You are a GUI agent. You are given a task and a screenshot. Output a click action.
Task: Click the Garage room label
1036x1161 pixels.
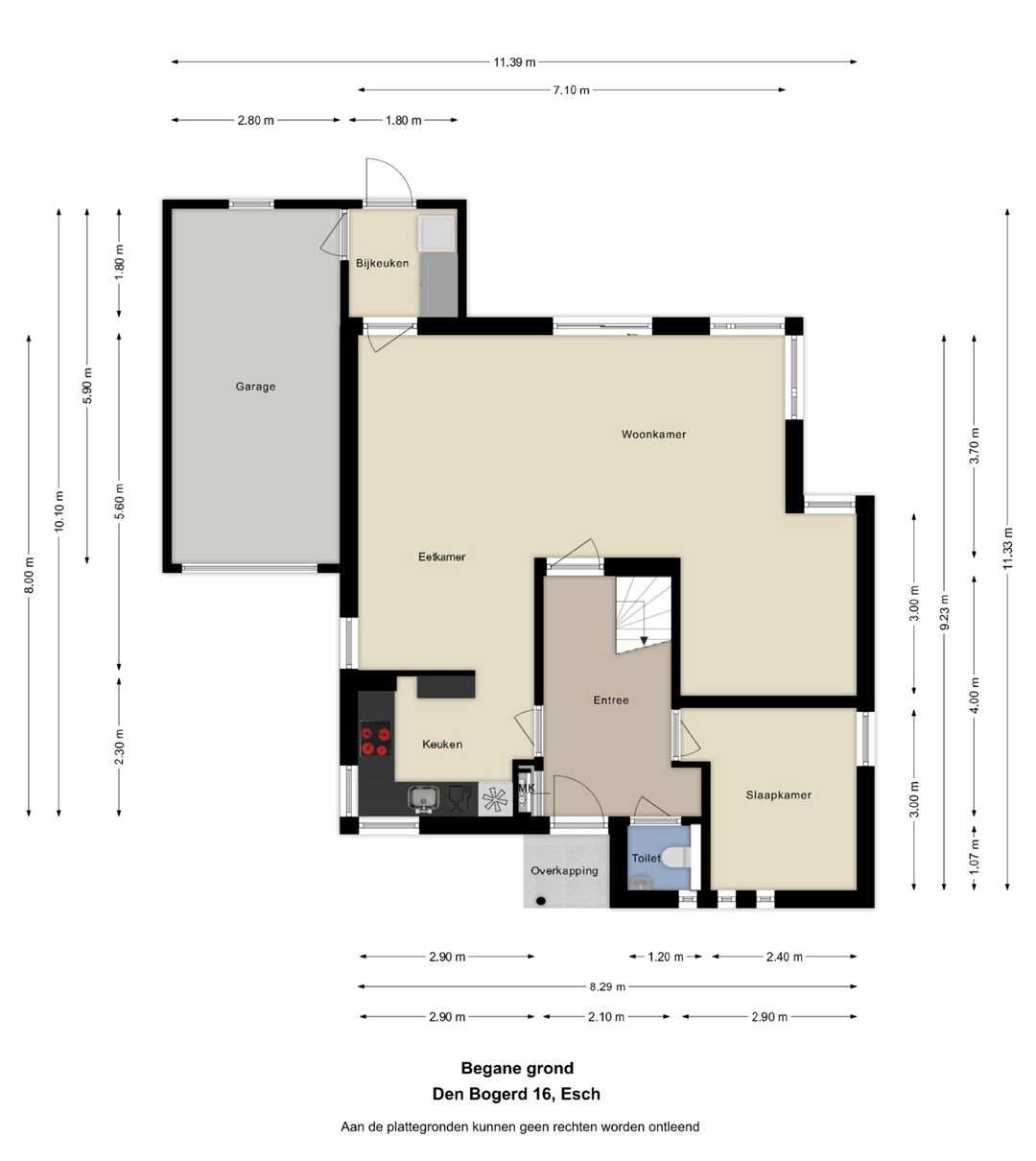pyautogui.click(x=255, y=387)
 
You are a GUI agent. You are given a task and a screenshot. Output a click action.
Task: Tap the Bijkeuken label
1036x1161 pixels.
pyautogui.click(x=382, y=263)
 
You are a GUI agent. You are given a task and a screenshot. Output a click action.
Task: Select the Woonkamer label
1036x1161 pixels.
pyautogui.click(x=654, y=434)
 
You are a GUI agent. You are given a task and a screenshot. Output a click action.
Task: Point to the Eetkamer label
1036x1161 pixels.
pyautogui.click(x=441, y=557)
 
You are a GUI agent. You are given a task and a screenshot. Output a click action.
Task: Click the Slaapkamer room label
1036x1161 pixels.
pyautogui.click(x=778, y=794)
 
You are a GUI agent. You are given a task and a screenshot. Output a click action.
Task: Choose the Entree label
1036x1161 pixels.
pyautogui.click(x=611, y=699)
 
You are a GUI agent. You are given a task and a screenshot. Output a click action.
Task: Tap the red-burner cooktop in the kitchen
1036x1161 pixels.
pyautogui.click(x=375, y=740)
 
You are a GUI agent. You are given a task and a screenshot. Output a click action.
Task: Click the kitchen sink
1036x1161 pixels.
pyautogui.click(x=423, y=798)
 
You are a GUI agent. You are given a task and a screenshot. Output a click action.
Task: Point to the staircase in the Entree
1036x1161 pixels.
pyautogui.click(x=643, y=614)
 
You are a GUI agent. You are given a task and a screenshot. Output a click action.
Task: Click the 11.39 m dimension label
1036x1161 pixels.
pyautogui.click(x=514, y=62)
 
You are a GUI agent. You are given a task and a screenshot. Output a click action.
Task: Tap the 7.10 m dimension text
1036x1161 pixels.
pyautogui.click(x=571, y=90)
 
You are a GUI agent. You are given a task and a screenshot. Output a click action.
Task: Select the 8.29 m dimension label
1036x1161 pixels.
pyautogui.click(x=607, y=986)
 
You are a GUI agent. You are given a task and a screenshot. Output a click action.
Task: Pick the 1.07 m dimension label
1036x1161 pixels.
pyautogui.click(x=974, y=856)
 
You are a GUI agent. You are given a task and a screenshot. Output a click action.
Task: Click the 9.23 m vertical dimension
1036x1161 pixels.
pyautogui.click(x=944, y=612)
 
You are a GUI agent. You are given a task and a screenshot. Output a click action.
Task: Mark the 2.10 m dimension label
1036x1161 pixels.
pyautogui.click(x=606, y=1017)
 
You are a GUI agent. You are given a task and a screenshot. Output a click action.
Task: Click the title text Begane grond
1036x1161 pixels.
pyautogui.click(x=517, y=1068)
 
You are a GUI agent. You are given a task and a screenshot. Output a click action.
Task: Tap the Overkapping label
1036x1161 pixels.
pyautogui.click(x=564, y=871)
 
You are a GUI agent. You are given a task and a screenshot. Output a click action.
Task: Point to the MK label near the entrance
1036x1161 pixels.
pyautogui.click(x=526, y=788)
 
